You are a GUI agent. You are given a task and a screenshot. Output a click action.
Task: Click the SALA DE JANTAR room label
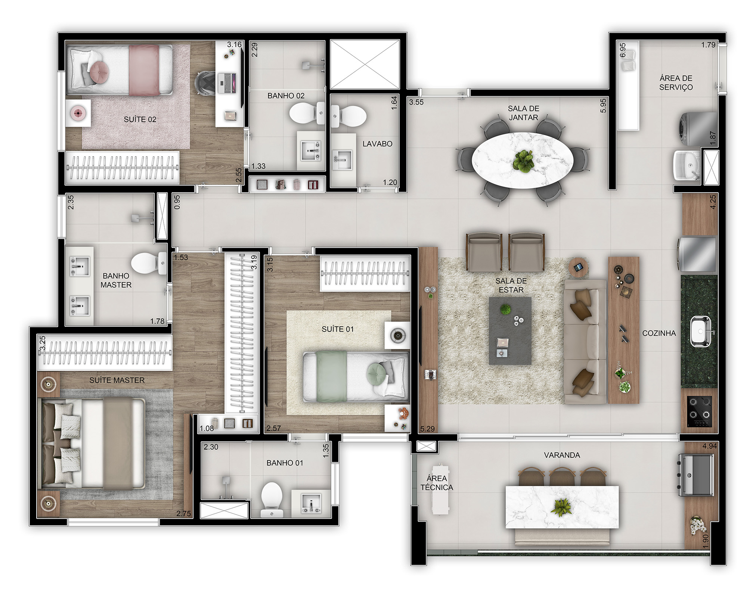point(523,113)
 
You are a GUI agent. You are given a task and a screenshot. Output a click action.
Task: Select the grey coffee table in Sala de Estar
point(510,330)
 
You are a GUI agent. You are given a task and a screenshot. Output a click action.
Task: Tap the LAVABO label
point(377,144)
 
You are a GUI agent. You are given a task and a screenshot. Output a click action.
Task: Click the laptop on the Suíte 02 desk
point(227,83)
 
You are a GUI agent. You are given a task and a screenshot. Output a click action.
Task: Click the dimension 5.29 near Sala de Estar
point(427,429)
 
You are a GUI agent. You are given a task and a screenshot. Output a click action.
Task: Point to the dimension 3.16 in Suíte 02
point(234,44)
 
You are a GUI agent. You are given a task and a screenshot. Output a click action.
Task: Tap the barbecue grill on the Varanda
point(696,475)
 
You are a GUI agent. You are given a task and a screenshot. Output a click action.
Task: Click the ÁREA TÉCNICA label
point(437,482)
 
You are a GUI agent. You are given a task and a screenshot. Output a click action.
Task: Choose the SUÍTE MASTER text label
point(117,380)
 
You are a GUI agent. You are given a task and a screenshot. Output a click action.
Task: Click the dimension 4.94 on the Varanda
point(709,446)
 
